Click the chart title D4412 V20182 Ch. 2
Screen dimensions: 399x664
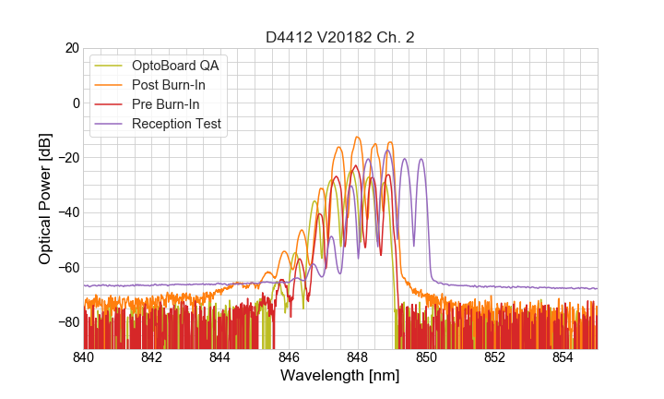pyautogui.click(x=340, y=37)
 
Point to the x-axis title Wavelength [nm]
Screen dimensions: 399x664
pyautogui.click(x=340, y=377)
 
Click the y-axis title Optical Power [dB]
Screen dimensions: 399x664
pyautogui.click(x=45, y=198)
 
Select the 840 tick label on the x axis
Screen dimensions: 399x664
pyautogui.click(x=84, y=357)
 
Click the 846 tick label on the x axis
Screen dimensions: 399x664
pyautogui.click(x=289, y=357)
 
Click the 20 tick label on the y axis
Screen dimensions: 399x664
pyautogui.click(x=71, y=48)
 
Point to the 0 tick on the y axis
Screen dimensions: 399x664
pyautogui.click(x=76, y=103)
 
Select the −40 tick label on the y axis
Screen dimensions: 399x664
pyautogui.click(x=66, y=212)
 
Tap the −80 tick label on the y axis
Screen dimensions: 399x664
pyautogui.click(x=66, y=322)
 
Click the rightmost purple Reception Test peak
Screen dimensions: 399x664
pyautogui.click(x=421, y=159)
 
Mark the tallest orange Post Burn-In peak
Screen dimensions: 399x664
pyautogui.click(x=358, y=137)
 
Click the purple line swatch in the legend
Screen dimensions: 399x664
pyautogui.click(x=109, y=124)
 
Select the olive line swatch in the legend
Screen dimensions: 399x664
pyautogui.click(x=109, y=66)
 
